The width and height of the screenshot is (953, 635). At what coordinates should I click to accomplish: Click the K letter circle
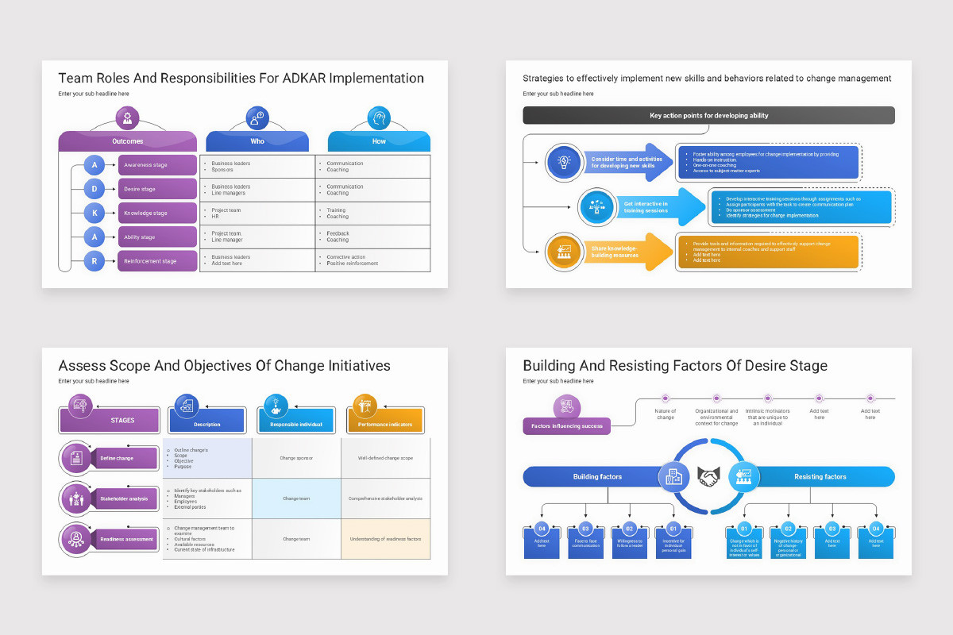pos(95,213)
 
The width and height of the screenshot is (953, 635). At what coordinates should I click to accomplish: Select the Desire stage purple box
pos(157,189)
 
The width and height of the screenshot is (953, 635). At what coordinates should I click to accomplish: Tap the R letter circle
pos(95,260)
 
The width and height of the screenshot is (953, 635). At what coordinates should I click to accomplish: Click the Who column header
pos(258,141)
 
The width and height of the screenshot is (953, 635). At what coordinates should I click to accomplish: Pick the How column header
pos(379,141)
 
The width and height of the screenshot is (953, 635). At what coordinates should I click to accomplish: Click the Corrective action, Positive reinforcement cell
pos(372,260)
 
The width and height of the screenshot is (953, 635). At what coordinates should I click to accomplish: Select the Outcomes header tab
pos(128,141)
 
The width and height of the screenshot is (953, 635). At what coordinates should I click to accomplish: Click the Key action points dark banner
pos(708,116)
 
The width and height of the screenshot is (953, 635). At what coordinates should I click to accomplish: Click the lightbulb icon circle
pos(565,162)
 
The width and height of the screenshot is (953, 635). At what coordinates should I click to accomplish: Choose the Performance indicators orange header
pos(385,423)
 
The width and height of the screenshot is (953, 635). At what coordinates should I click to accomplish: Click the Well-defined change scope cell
pos(385,458)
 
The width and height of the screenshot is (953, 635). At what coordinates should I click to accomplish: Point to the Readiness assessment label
pos(127,539)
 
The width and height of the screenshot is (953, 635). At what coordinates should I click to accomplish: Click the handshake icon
pos(708,476)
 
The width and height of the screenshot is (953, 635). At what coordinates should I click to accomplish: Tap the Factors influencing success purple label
pos(566,426)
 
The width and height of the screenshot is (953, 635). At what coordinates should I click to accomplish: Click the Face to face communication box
pos(585,542)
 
